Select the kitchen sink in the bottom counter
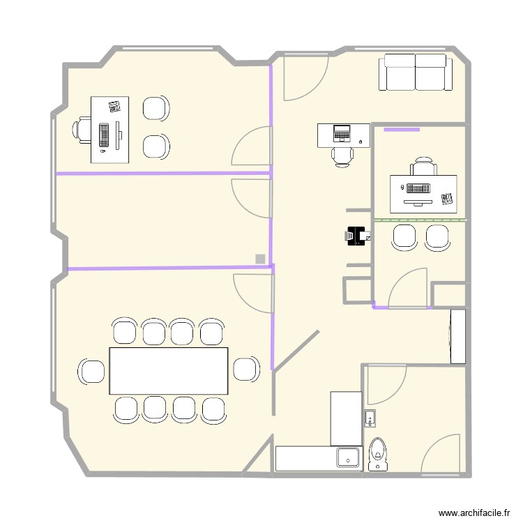pos(347,457)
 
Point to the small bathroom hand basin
pos(370,418)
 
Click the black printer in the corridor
pos(356,236)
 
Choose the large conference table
pos(169,370)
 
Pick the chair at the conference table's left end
pos(91,370)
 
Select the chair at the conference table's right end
pos(245,370)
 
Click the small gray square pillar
pos(260,259)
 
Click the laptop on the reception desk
pos(342,131)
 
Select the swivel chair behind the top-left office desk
pos(82,130)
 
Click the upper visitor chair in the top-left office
pos(156,109)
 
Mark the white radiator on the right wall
pos(457,336)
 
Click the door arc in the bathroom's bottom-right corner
pos(441,454)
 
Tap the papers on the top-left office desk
pos(114,106)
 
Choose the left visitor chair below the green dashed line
pos(404,236)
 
